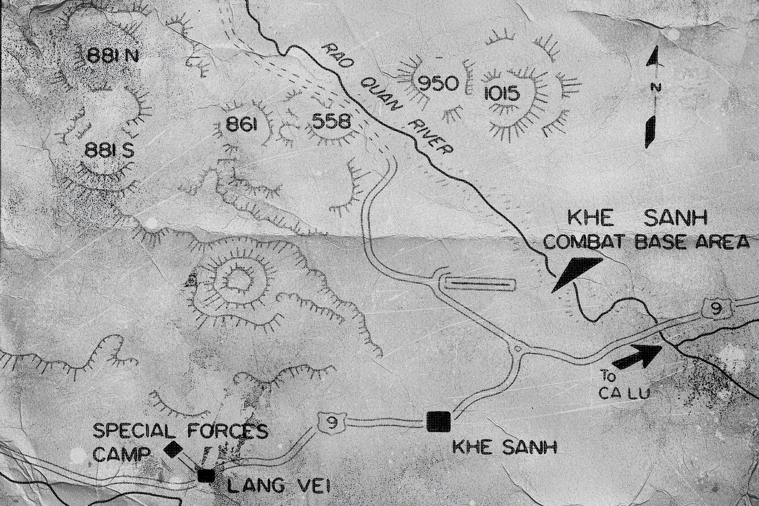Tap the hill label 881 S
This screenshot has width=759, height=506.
coord(109,150)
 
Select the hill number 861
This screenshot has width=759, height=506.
coord(241,125)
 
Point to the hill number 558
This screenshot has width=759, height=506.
coord(331,121)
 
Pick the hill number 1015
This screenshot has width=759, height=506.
coord(501,94)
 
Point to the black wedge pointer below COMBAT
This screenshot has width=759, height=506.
coord(575,273)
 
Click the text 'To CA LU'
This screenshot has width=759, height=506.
coord(623,385)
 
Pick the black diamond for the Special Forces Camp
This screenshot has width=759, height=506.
coord(173,449)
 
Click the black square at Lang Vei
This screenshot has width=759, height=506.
coord(205,476)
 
